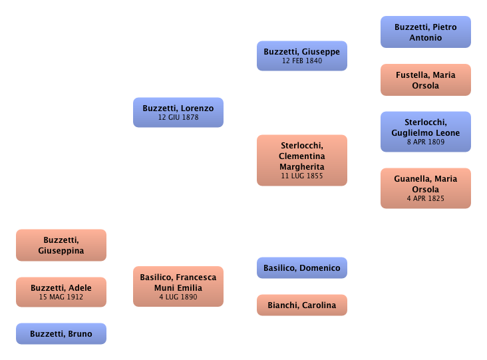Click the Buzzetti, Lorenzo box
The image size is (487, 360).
coord(178,112)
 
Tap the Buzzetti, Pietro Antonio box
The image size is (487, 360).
coord(426,33)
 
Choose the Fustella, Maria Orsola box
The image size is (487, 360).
coord(426,80)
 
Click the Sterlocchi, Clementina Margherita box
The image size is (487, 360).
coord(302,160)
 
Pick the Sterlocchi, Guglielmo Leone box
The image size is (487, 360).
coord(426,132)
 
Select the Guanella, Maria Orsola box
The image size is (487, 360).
coord(426,189)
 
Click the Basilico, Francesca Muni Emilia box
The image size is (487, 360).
coord(178,286)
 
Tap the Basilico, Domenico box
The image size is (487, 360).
coord(301,268)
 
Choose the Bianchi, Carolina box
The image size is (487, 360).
coord(301,305)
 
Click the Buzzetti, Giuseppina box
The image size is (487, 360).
coord(61,245)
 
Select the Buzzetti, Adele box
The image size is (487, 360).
coord(61,292)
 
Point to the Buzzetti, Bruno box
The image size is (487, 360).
coord(61,334)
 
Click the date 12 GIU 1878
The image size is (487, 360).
coord(178,118)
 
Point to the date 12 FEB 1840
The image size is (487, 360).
coord(301,61)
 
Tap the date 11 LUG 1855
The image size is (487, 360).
coord(302,176)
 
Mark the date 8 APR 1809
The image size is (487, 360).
coord(426,142)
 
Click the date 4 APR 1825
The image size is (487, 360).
coord(426,199)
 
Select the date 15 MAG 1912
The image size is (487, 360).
coord(61,297)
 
